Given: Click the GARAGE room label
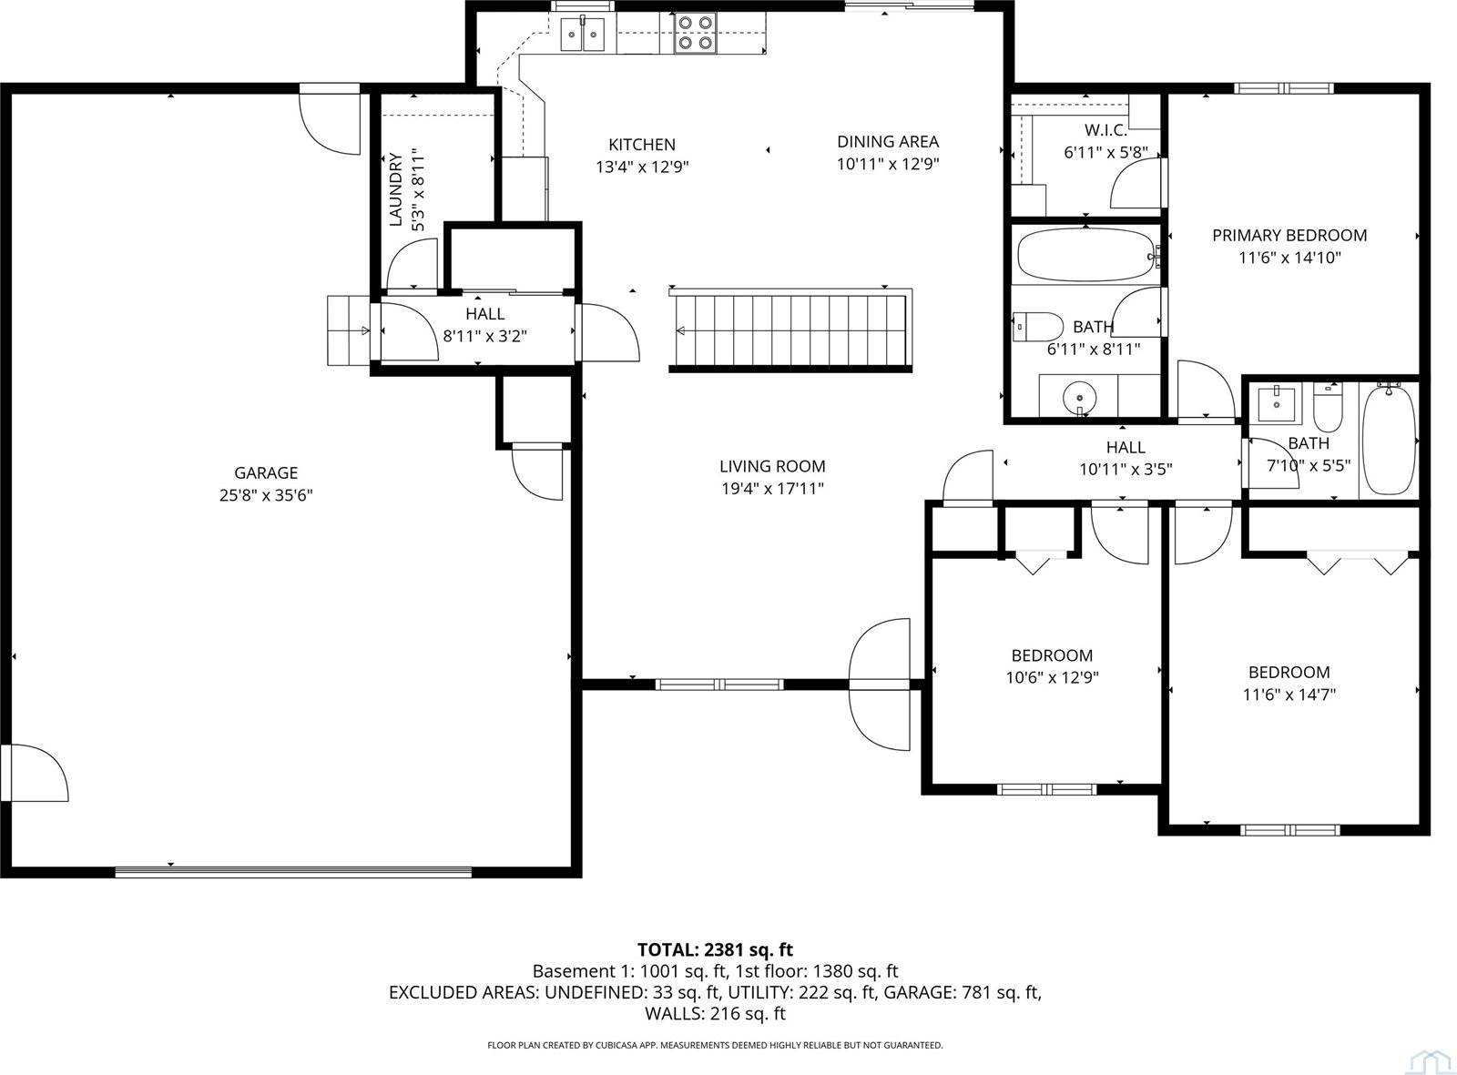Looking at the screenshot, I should (266, 472).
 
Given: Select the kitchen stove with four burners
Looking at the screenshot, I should (695, 32).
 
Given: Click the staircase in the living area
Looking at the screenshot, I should (790, 330).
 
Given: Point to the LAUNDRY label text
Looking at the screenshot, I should (395, 189).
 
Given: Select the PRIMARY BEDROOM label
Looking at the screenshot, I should (1289, 235).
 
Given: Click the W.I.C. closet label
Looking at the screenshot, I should (1105, 130).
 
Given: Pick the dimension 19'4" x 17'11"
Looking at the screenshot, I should (772, 489).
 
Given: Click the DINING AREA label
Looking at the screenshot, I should (888, 141).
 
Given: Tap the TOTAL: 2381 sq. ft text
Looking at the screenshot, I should (715, 949).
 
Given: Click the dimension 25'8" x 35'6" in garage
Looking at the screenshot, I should (266, 495).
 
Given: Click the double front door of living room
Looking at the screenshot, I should (880, 684).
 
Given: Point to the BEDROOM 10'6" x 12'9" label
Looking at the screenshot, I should (1052, 655).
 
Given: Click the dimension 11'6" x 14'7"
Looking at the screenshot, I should (1289, 695).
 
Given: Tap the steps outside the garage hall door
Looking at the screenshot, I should (347, 330).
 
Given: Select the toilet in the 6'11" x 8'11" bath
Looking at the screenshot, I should (1038, 325).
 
